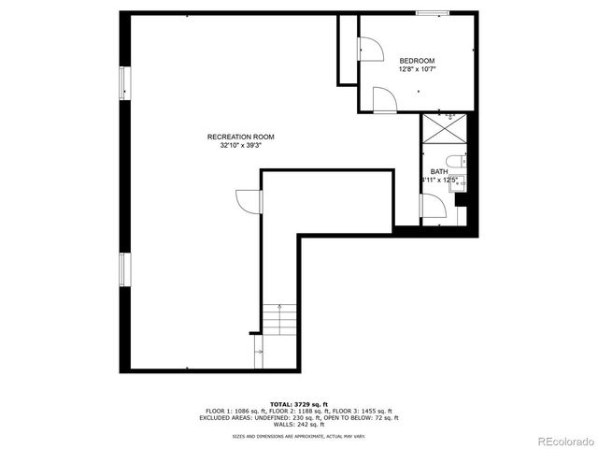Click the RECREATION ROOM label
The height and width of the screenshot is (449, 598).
[x=240, y=137]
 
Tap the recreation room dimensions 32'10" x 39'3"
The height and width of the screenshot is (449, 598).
[x=240, y=146]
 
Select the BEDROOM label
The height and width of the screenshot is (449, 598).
[x=417, y=60]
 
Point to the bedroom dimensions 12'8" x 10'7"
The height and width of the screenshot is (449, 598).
[x=417, y=69]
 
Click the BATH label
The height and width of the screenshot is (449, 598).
[x=438, y=171]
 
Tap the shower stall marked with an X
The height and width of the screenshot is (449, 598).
[x=444, y=129]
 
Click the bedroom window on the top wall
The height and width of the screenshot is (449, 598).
[x=432, y=13]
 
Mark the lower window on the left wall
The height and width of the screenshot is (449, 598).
[x=124, y=268]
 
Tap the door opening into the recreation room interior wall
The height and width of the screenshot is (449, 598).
[x=249, y=200]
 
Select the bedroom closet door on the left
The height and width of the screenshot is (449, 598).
[x=368, y=49]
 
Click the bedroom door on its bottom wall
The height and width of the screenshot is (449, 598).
[x=383, y=100]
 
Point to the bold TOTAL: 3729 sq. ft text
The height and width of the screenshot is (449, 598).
[x=298, y=402]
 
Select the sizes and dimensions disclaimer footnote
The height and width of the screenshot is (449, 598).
[x=298, y=436]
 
